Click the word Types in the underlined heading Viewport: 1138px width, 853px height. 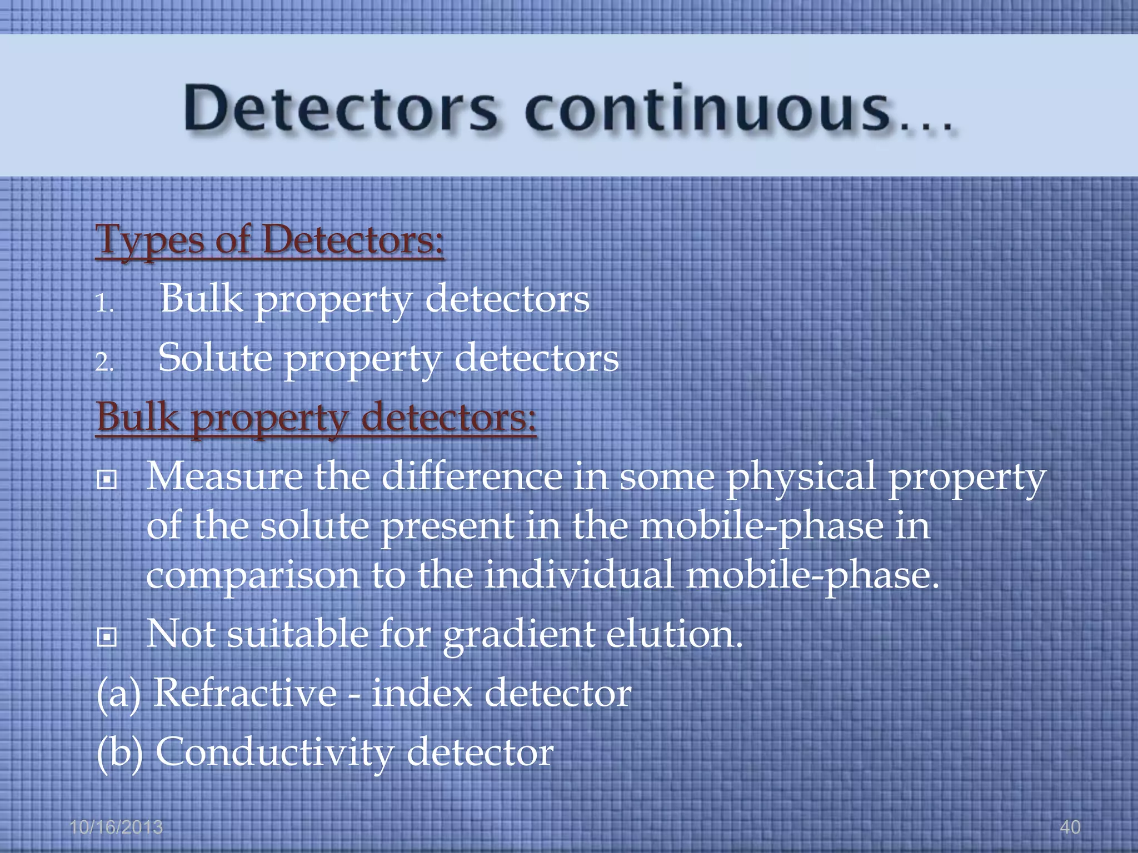pos(150,240)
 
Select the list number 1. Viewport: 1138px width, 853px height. pos(104,303)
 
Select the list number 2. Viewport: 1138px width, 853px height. pos(104,363)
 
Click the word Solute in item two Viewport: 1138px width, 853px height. pos(215,358)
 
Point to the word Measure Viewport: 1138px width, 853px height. pos(224,476)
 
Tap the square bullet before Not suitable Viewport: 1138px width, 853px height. pos(106,637)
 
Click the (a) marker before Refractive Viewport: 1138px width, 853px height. pos(118,694)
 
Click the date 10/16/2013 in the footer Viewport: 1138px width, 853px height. pos(116,827)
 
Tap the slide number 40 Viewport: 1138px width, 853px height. pos(1070,827)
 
